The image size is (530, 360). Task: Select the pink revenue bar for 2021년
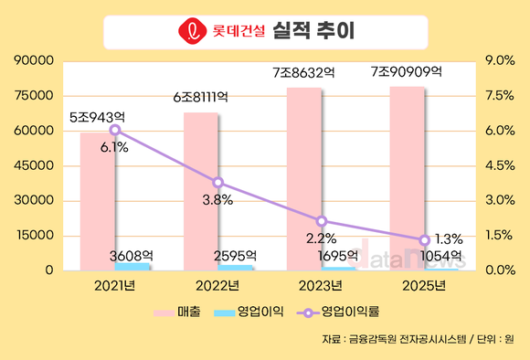pos(97,201)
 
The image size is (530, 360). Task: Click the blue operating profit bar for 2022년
pos(236,267)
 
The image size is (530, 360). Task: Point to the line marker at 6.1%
pos(114,130)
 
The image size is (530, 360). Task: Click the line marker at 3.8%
pos(217,183)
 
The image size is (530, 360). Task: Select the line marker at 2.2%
pos(321,221)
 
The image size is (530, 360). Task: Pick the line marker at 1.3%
pos(424,240)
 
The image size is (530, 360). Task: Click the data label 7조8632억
pos(303,71)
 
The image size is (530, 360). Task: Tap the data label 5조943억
pos(97,116)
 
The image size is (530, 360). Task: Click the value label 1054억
pos(441,255)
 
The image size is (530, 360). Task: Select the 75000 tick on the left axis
pos(35,96)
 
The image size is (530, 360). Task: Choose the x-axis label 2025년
pos(424,286)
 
